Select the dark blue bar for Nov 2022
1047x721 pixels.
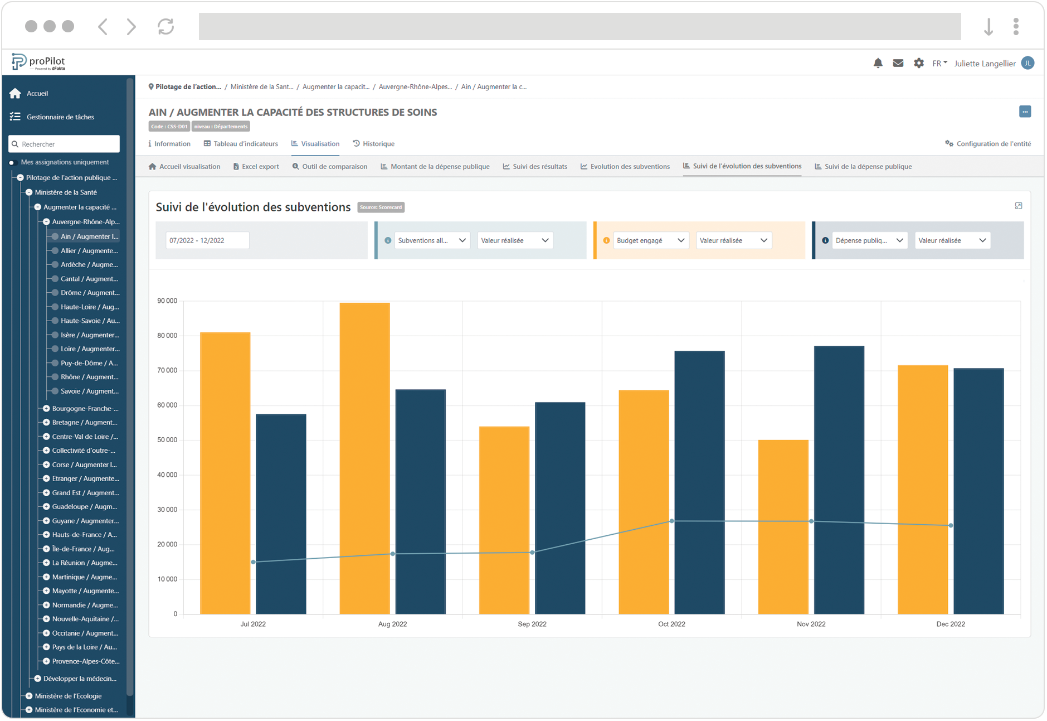pos(839,480)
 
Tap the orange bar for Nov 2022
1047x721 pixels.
pos(783,527)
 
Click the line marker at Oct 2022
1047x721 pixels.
pos(671,521)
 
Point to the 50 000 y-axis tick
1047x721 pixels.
pos(167,440)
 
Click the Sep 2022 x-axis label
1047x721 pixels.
pos(532,624)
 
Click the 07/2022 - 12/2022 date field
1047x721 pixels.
pos(207,240)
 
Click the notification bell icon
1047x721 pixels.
pos(878,63)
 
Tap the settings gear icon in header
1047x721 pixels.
pos(918,63)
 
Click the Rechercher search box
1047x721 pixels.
pos(64,144)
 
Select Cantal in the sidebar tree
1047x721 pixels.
pos(89,279)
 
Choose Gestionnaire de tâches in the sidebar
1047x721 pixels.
pos(60,117)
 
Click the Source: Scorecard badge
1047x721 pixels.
pos(381,207)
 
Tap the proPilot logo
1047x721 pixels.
pos(38,62)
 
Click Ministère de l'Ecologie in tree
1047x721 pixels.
pos(68,696)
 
